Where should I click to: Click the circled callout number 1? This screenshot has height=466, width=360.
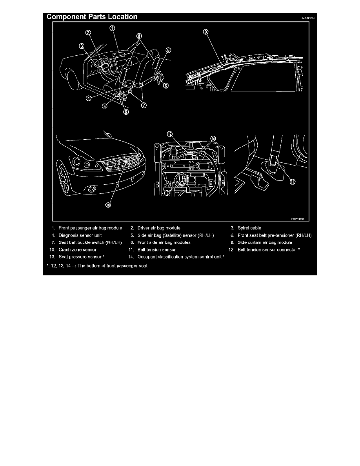(x=112, y=28)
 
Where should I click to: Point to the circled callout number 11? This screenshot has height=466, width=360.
(x=292, y=181)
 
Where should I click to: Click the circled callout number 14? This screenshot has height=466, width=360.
(x=213, y=138)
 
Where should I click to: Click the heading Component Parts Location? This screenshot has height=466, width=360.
(x=92, y=17)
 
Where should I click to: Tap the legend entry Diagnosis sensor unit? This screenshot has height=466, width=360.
(x=80, y=235)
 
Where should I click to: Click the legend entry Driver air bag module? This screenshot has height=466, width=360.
(x=159, y=228)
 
